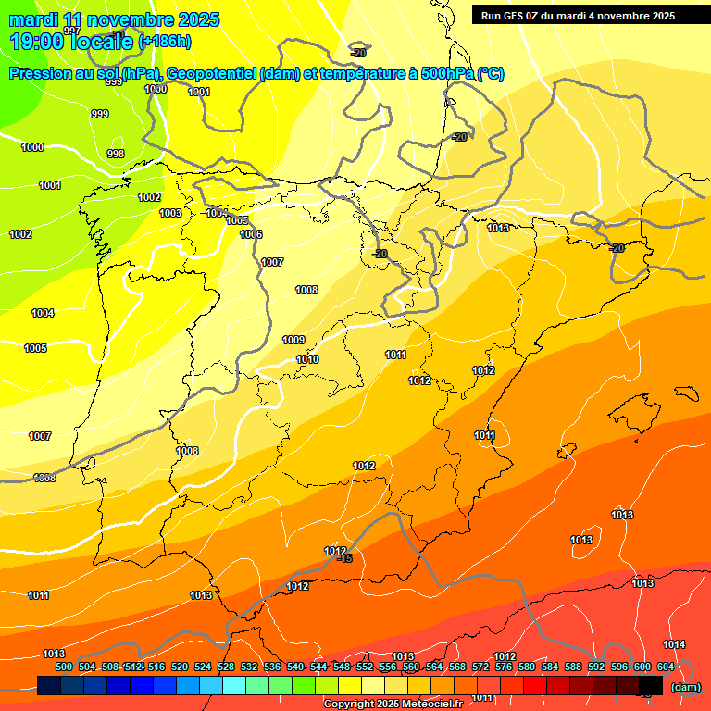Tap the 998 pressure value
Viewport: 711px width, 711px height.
(116, 154)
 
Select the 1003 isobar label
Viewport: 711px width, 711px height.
(170, 214)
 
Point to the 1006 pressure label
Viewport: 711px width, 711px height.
(251, 234)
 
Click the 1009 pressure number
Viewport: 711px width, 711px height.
(293, 340)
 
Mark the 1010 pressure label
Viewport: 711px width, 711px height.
(307, 360)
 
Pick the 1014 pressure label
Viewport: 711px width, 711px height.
(674, 644)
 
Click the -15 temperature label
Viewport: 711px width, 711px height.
(344, 558)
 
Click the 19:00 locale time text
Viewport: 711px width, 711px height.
(71, 42)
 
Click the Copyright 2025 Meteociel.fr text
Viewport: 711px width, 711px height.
(393, 704)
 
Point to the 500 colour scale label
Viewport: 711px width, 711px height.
(64, 667)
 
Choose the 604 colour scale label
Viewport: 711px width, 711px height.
(665, 667)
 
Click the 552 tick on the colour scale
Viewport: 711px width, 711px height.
(365, 667)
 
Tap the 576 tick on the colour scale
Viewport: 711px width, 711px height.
(504, 667)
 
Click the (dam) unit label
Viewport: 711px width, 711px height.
(686, 686)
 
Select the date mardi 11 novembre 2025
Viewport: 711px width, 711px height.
(114, 19)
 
